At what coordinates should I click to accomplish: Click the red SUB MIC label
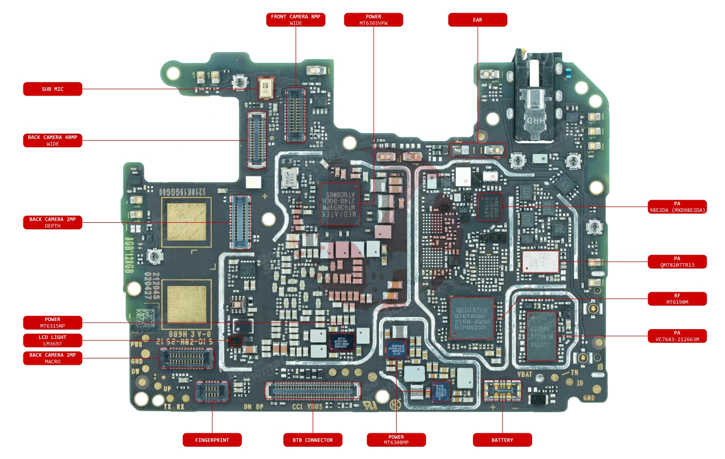[x=53, y=89]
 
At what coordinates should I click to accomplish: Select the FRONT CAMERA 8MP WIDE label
[x=295, y=20]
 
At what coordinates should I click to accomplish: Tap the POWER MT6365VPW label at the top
[x=373, y=20]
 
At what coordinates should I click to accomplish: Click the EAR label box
[x=477, y=20]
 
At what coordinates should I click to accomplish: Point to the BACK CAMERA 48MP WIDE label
[x=53, y=141]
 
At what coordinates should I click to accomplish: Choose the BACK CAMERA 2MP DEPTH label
[x=53, y=222]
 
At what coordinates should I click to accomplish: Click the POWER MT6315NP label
[x=53, y=323]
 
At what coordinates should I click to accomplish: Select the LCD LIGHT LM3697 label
[x=53, y=340]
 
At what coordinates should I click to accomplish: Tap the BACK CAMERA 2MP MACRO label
[x=53, y=358]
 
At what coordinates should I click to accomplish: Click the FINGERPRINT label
[x=212, y=440]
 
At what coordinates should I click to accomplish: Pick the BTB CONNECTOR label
[x=313, y=440]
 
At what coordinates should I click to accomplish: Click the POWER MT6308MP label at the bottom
[x=396, y=440]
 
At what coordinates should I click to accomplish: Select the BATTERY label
[x=502, y=440]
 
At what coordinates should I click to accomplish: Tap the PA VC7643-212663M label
[x=677, y=336]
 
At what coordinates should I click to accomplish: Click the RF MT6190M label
[x=677, y=299]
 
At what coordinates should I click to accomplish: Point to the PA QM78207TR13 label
[x=677, y=262]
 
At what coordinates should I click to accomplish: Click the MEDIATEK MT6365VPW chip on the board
[x=340, y=203]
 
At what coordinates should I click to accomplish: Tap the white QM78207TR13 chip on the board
[x=540, y=261]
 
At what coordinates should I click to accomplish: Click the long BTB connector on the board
[x=313, y=390]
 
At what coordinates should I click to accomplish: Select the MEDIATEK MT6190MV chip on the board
[x=471, y=318]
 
